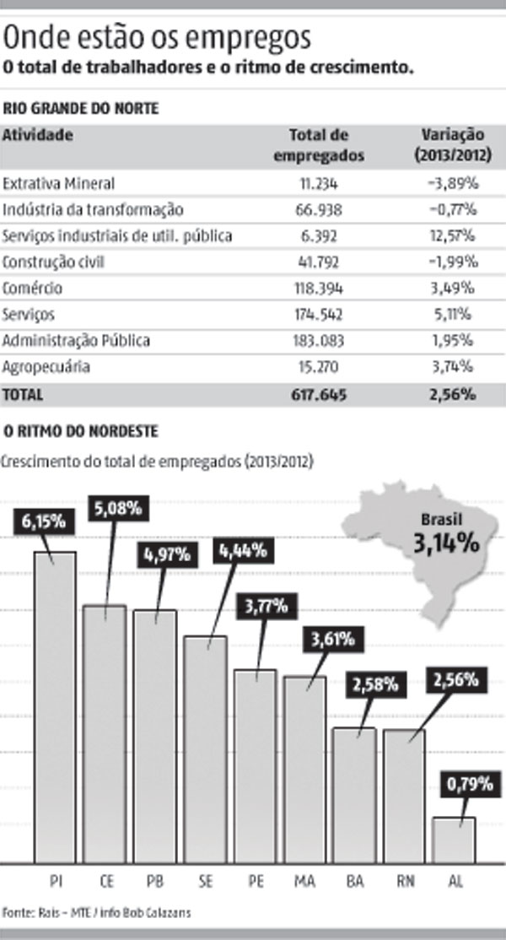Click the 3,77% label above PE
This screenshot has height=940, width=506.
coord(265,606)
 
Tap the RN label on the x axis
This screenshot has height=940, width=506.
coord(406,882)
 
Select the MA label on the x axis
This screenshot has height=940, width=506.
coord(304,882)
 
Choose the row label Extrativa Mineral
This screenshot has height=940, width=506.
coord(58,182)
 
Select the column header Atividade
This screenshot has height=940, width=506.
coord(38,135)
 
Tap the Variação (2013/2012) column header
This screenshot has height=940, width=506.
coord(451,144)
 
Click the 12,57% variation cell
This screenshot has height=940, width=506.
coord(456,235)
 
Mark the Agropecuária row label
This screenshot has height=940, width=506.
coord(46,367)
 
